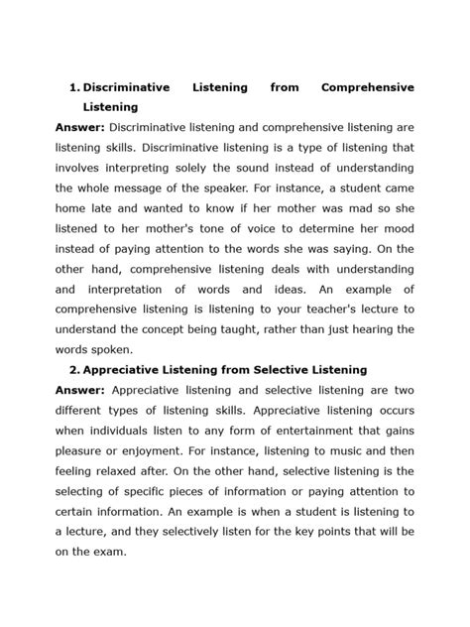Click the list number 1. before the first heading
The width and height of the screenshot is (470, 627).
point(75,87)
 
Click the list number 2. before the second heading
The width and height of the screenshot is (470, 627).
point(74,369)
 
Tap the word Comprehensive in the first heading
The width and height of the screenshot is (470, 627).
point(368,87)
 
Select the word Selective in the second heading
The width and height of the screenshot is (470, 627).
point(279,369)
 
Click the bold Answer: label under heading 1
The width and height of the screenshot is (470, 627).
point(80,128)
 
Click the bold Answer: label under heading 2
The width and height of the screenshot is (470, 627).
point(80,390)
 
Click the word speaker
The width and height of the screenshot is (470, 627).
point(230,188)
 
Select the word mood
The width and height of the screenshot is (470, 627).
point(398,228)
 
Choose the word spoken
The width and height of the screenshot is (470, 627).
point(114,349)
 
